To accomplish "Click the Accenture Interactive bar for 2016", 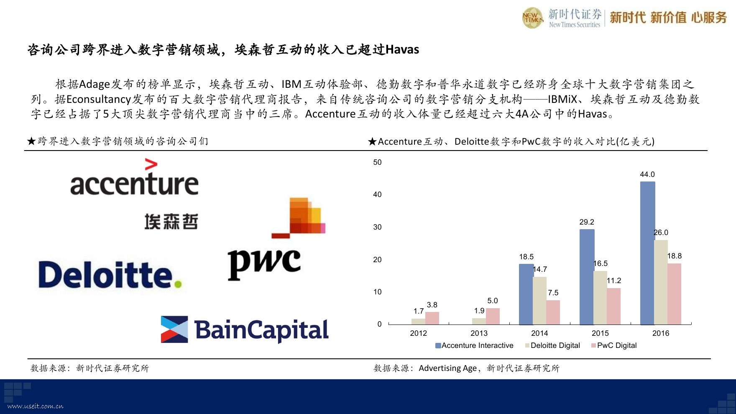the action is [647, 253].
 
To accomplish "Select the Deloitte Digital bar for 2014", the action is [540, 301].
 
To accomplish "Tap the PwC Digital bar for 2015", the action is [614, 307].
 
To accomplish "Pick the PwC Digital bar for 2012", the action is [432, 318].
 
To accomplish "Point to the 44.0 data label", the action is [647, 174].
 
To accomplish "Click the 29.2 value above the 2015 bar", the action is [587, 222].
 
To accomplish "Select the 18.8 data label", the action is [674, 256].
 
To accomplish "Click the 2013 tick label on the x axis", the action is [479, 333].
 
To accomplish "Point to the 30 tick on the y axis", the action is [377, 227].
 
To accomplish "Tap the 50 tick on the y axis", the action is [377, 162].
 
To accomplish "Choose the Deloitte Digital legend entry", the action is [552, 345].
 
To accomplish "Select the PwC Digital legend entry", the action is [614, 345].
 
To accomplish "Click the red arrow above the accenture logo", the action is [151, 164].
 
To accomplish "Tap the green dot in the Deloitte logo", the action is [178, 284].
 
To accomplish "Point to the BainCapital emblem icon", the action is [174, 330].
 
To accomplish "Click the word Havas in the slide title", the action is [402, 50].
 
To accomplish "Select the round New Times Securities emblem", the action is [533, 18].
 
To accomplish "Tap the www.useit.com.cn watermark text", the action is [36, 406].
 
